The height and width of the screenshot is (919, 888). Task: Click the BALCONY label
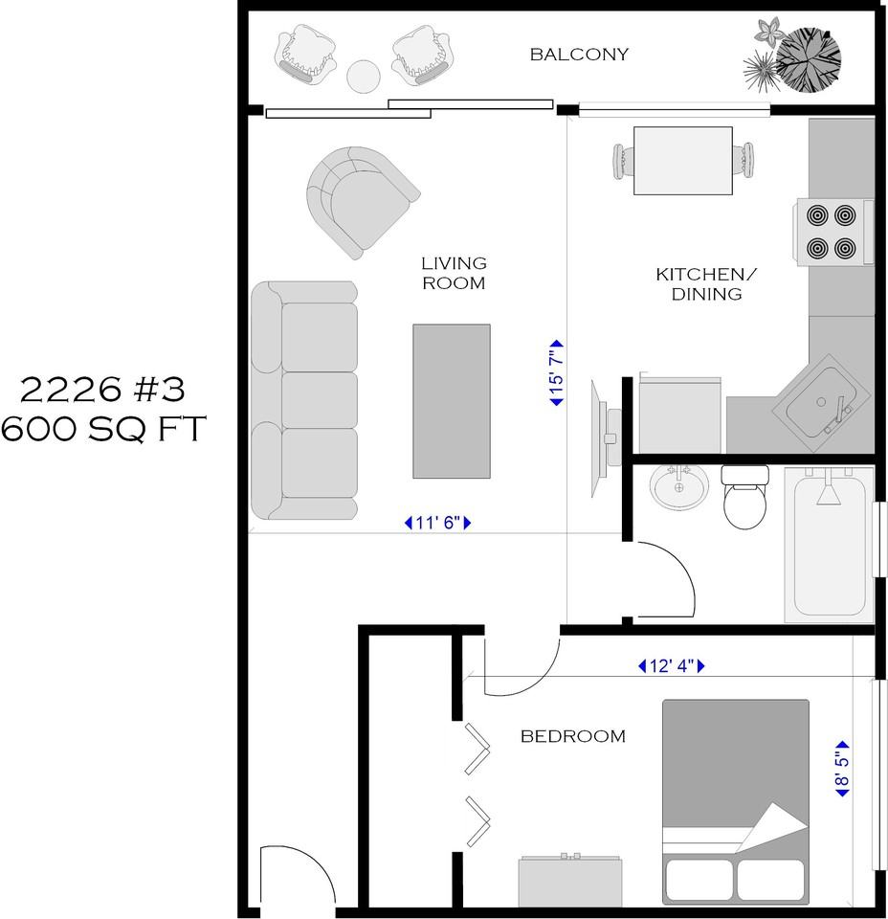pos(579,55)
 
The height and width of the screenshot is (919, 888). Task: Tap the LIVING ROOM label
pos(454,273)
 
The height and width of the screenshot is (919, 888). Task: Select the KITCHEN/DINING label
pos(706,283)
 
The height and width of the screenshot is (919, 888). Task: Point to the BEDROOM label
pos(573,736)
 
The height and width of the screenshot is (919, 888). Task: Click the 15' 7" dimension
pos(556,372)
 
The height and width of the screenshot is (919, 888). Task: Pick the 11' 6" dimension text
pos(437,523)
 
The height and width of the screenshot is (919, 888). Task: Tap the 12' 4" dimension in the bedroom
pos(672,666)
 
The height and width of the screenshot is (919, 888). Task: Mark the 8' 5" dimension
pos(842,769)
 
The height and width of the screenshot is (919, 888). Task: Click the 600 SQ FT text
pos(103,429)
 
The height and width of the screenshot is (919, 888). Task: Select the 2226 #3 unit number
pos(103,390)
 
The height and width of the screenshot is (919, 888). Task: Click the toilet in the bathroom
pos(744,497)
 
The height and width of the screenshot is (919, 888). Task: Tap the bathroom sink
pos(678,486)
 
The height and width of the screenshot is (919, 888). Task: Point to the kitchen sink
pos(821,403)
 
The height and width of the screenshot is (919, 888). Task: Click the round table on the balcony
pos(364,77)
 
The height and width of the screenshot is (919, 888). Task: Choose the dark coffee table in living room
pos(452,401)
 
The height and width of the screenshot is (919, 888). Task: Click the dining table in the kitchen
pos(683,161)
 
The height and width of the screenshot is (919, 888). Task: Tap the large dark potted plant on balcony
pos(809,59)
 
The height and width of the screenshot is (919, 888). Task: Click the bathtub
pos(830,545)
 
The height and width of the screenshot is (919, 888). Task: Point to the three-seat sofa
pos(304,400)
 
